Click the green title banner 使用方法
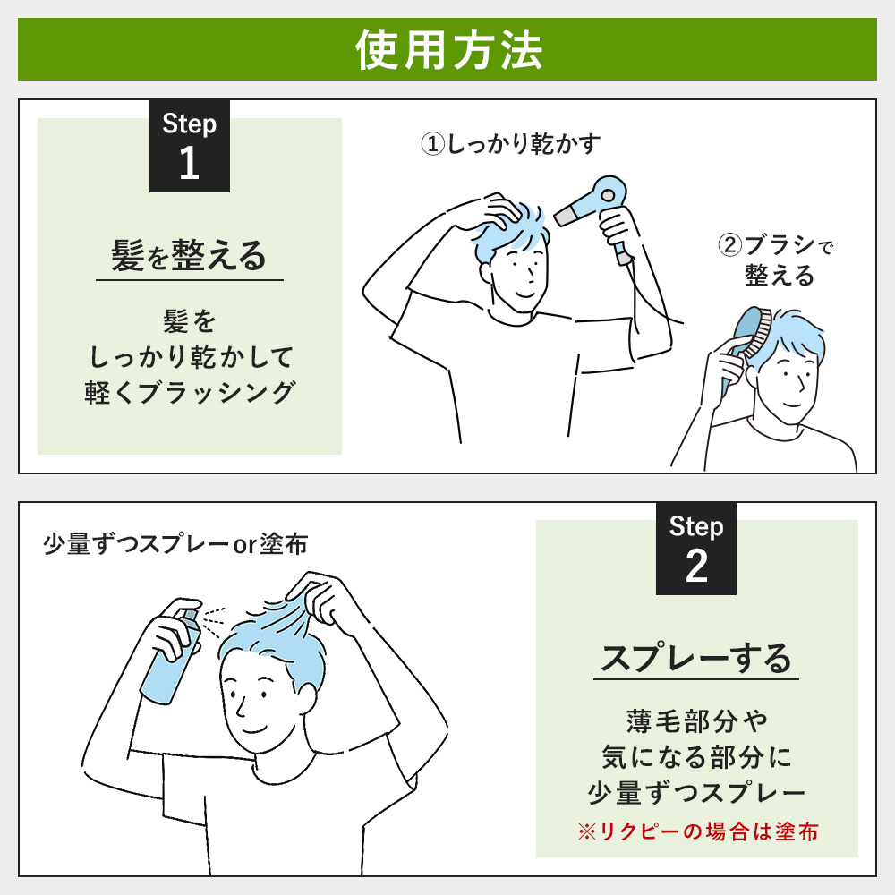[447, 49]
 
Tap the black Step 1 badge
[190, 146]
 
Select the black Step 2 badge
[695, 549]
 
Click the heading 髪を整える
[189, 255]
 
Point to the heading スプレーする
[695, 658]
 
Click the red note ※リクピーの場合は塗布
[697, 831]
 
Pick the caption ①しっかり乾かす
[511, 144]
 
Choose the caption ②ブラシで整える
[776, 260]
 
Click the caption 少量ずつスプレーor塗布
[175, 544]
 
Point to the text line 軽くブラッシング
[190, 393]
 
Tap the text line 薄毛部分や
[696, 720]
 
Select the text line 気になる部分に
[696, 757]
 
